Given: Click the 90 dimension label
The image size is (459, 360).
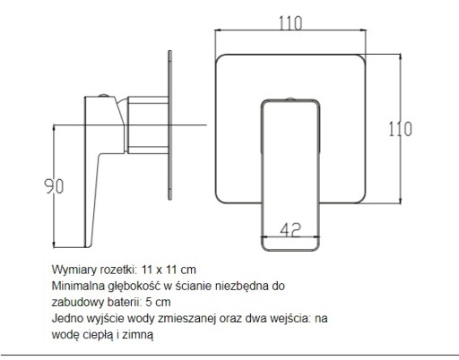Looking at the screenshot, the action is click(54, 186).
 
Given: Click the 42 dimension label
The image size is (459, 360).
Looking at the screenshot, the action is click(290, 230).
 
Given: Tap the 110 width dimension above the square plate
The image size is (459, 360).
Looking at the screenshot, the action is click(290, 23).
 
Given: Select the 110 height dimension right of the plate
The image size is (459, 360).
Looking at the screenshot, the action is click(400, 129).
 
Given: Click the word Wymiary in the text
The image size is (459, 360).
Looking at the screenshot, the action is click(74, 270).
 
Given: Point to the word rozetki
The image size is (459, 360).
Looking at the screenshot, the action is click(117, 270).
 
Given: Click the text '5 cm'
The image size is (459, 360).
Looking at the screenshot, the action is click(158, 302).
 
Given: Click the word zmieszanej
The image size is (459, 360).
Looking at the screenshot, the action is click(186, 318).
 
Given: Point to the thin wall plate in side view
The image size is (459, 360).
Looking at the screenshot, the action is click(170, 125).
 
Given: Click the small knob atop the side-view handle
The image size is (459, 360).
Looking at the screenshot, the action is click(104, 95).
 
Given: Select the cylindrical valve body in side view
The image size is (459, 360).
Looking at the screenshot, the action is click(148, 125).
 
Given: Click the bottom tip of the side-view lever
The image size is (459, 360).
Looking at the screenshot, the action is click(87, 247).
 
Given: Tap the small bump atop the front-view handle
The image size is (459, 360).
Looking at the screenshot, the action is click(290, 99).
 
